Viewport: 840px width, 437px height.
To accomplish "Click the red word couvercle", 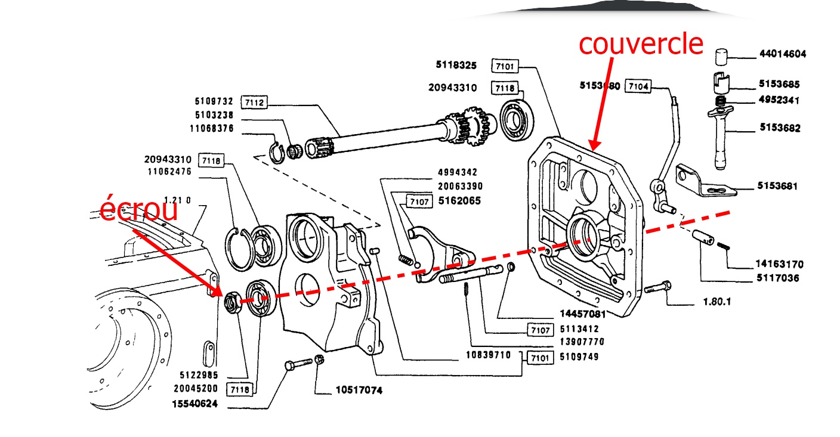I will pyautogui.click(x=641, y=44).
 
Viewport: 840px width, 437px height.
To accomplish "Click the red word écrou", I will pyautogui.click(x=138, y=210).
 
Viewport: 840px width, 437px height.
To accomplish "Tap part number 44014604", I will pyautogui.click(x=782, y=54).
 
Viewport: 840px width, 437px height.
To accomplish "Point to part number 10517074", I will pyautogui.click(x=358, y=391).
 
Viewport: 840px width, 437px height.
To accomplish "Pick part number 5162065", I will pyautogui.click(x=459, y=201).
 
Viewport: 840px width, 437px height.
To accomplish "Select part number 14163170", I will pyautogui.click(x=779, y=264).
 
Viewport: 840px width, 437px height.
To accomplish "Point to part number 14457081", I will pyautogui.click(x=582, y=314).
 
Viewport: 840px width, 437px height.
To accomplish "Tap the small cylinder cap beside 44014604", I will pyautogui.click(x=723, y=57).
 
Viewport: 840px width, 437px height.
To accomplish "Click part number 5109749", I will pyautogui.click(x=579, y=357).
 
